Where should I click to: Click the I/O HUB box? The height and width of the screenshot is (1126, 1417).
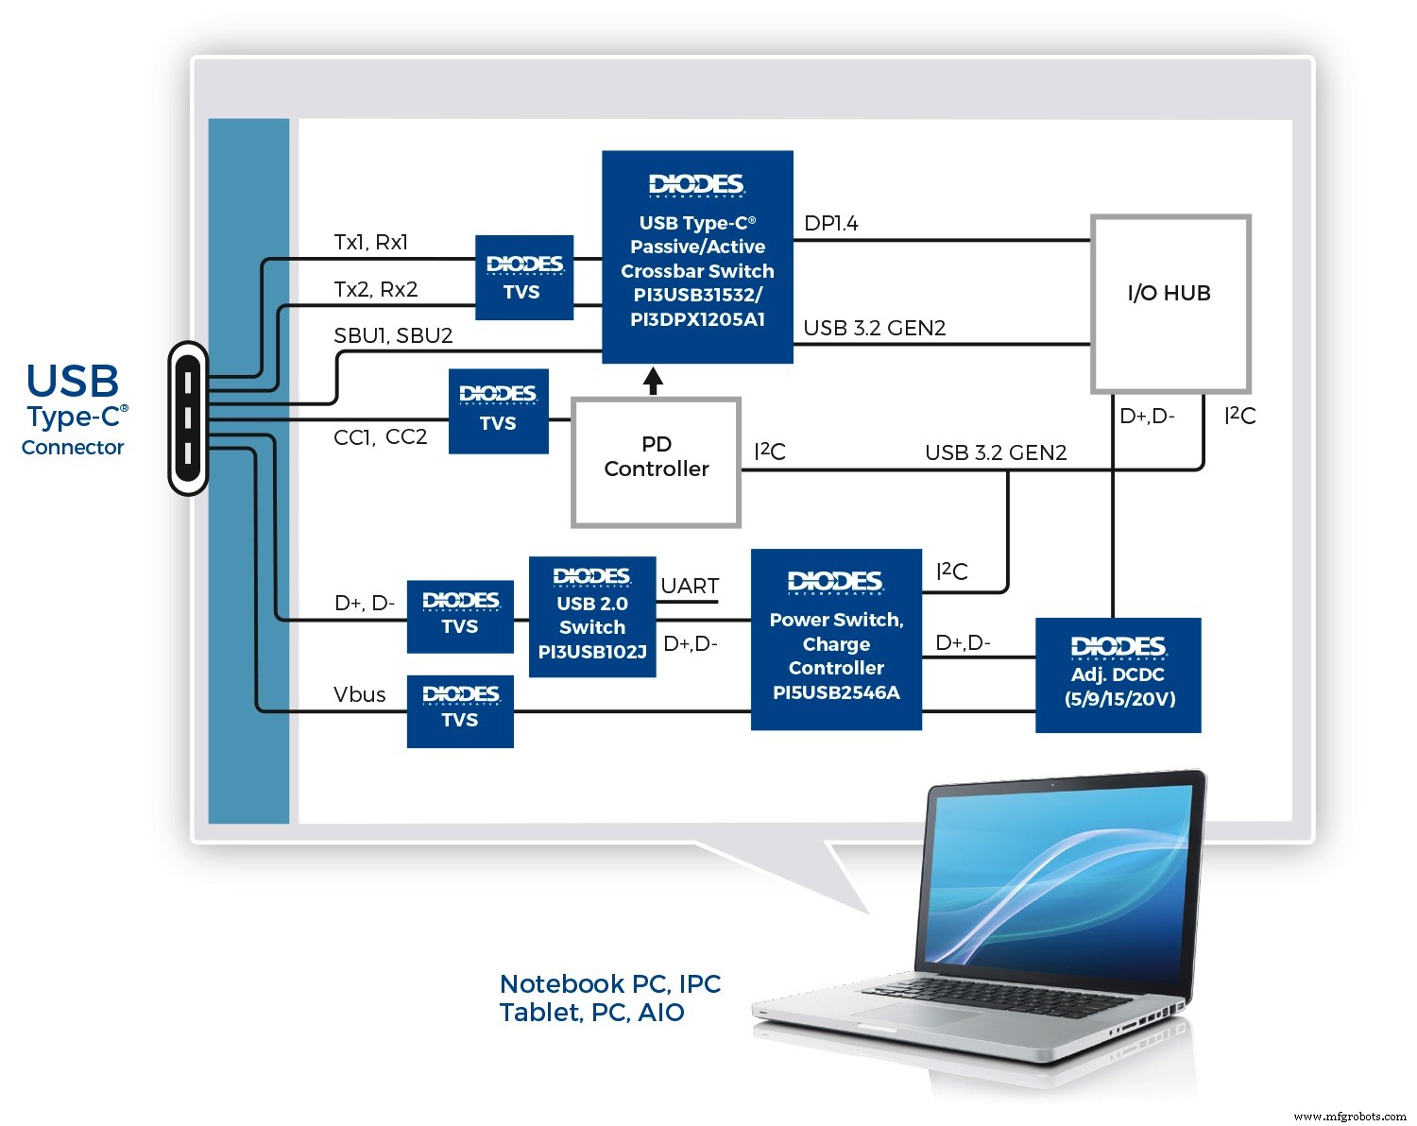(x=1170, y=303)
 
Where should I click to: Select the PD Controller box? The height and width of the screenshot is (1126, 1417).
(x=656, y=462)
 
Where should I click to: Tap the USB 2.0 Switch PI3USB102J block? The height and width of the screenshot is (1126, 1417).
(x=592, y=617)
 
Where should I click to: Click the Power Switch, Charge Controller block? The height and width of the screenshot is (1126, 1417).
(x=836, y=640)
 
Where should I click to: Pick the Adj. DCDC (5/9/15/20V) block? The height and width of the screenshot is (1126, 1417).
(x=1118, y=675)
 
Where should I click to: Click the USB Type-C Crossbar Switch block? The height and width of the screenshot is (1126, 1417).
(x=697, y=257)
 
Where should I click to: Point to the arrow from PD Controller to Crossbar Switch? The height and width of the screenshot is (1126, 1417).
(x=653, y=381)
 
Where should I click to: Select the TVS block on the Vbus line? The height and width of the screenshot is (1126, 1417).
(x=460, y=710)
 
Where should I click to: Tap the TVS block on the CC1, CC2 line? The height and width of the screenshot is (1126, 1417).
(x=498, y=411)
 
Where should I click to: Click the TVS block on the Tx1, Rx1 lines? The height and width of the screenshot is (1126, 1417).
(x=523, y=278)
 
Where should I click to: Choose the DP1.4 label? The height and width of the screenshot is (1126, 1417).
(x=831, y=224)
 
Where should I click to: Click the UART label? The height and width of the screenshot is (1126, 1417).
(x=690, y=586)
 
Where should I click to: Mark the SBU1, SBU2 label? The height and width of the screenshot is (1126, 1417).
(x=393, y=335)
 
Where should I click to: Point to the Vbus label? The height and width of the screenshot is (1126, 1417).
(x=360, y=694)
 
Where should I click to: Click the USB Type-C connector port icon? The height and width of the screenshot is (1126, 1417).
(x=188, y=418)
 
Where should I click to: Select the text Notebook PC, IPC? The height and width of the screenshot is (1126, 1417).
(x=609, y=984)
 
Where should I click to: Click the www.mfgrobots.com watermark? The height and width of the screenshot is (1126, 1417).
(x=1349, y=1116)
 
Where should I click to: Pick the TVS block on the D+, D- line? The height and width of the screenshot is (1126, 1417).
(x=460, y=616)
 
